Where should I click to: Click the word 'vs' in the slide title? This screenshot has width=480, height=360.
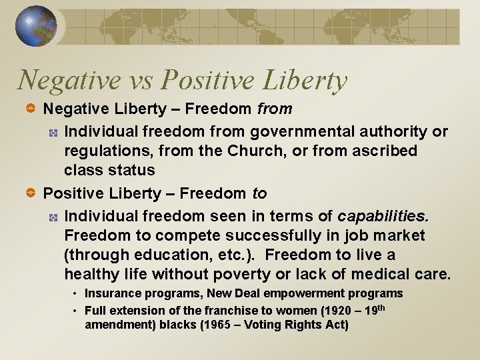coord(137,81)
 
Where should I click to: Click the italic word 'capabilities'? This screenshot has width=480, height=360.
coord(383,217)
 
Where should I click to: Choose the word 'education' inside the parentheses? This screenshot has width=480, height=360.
coord(143,255)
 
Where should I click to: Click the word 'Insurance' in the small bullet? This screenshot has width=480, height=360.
coord(108,293)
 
